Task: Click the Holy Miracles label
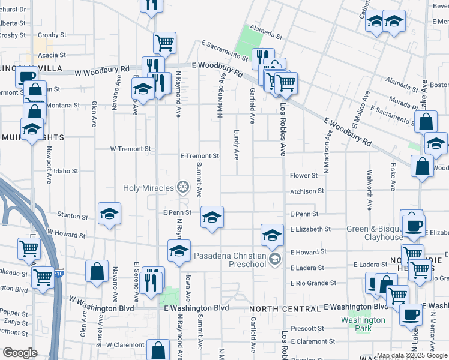(148, 188)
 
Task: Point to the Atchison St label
(307, 191)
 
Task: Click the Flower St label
(304, 176)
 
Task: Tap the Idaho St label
(66, 171)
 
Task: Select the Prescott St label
(307, 329)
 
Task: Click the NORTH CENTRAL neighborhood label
(285, 309)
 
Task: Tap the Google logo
(20, 353)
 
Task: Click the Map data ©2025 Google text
(412, 355)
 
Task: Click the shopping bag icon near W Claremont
(157, 351)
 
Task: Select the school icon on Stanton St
(110, 214)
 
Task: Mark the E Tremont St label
(200, 156)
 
